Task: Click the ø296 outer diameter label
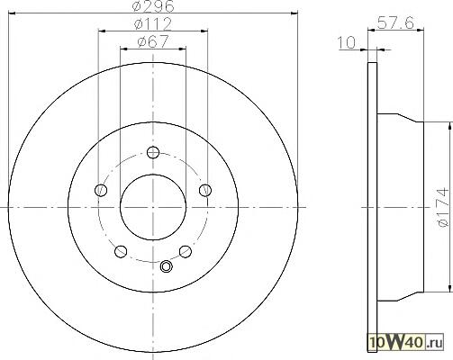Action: click(153, 6)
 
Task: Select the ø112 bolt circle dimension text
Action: click(153, 24)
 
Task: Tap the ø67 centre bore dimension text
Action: click(153, 41)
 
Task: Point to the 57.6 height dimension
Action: click(395, 22)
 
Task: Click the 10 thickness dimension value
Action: click(347, 42)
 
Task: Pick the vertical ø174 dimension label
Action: click(442, 207)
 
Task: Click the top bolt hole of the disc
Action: click(153, 152)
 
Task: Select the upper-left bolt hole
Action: click(101, 190)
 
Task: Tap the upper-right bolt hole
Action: click(205, 190)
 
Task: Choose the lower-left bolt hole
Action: click(121, 251)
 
